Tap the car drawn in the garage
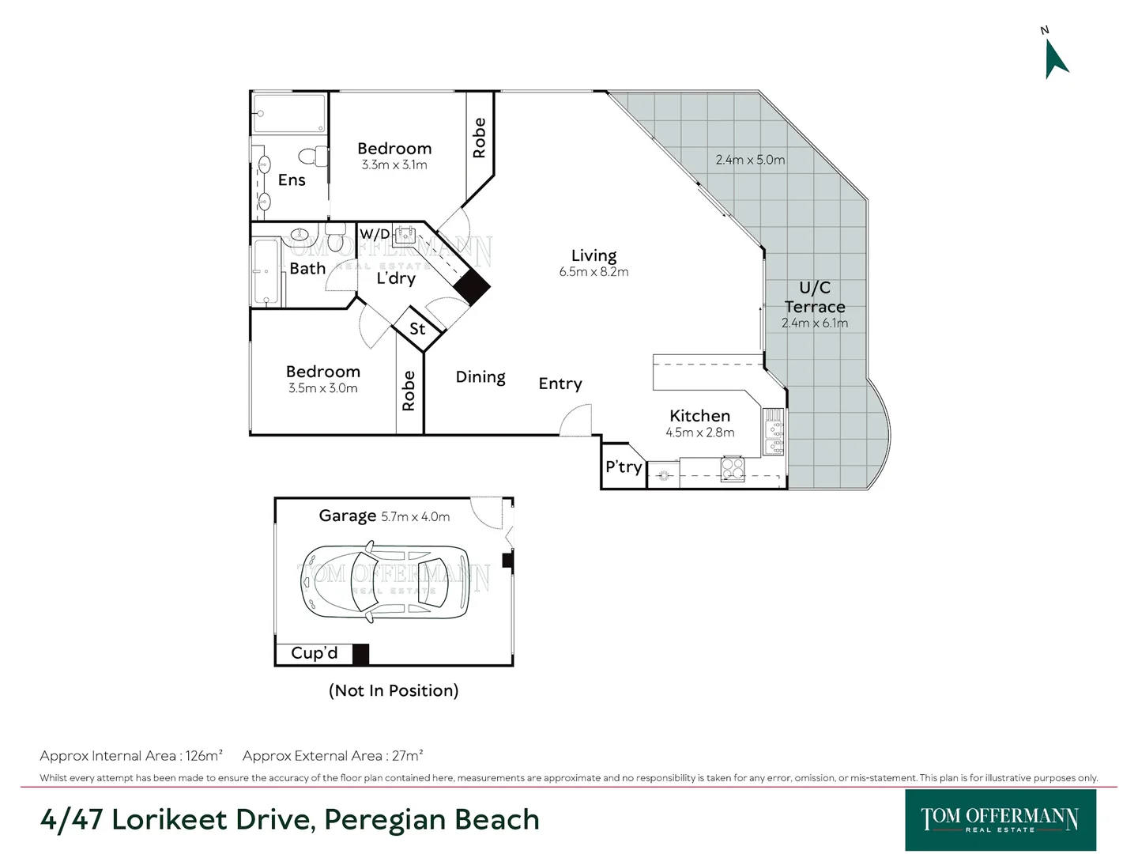pyautogui.click(x=385, y=582)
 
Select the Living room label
pyautogui.click(x=593, y=255)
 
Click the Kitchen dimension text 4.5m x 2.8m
pyautogui.click(x=699, y=433)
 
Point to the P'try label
pyautogui.click(x=624, y=467)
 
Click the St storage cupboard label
pyautogui.click(x=417, y=329)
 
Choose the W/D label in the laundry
pyautogui.click(x=375, y=234)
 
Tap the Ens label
pyautogui.click(x=292, y=180)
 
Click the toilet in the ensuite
pyautogui.click(x=314, y=156)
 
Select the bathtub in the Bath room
pyautogui.click(x=266, y=272)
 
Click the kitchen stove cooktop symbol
pyautogui.click(x=733, y=469)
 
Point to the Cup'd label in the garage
pyautogui.click(x=314, y=653)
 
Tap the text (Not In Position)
pyautogui.click(x=394, y=690)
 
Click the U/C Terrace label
pyautogui.click(x=815, y=297)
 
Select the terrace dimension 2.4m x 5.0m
pyautogui.click(x=750, y=160)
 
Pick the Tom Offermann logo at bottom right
pyautogui.click(x=1000, y=819)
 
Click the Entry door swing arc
pyautogui.click(x=575, y=419)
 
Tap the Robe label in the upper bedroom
pyautogui.click(x=479, y=138)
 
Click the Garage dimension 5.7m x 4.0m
pyautogui.click(x=415, y=517)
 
